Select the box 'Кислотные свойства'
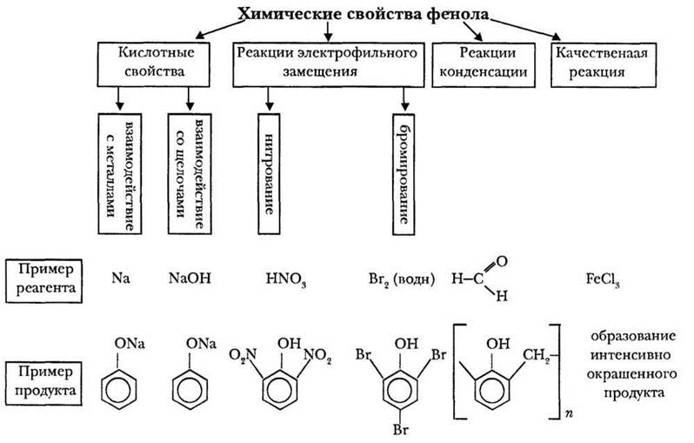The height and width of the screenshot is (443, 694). pyautogui.click(x=156, y=63)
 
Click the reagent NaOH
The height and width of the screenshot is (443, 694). pyautogui.click(x=190, y=279)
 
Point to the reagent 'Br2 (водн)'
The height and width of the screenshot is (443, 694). pyautogui.click(x=403, y=280)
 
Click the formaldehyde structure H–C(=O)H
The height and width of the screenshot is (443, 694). pyautogui.click(x=480, y=279)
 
